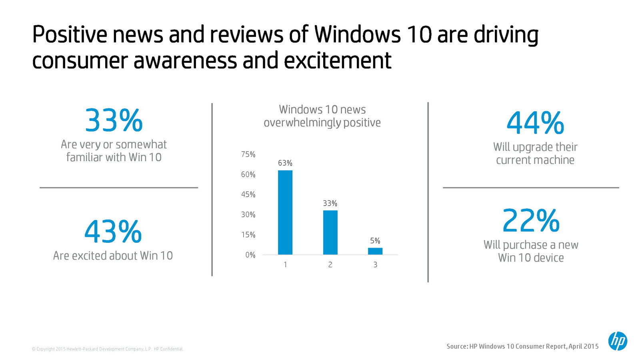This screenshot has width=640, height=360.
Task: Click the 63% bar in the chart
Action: (x=285, y=212)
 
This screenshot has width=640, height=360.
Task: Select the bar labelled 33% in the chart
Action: (x=330, y=232)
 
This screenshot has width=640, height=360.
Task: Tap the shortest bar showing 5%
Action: (x=375, y=251)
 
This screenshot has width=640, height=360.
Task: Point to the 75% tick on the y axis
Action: (x=248, y=154)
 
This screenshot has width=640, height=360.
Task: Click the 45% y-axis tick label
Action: (x=248, y=194)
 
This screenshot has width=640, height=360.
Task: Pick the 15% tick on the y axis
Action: (x=248, y=235)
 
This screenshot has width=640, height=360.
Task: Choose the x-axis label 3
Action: (x=375, y=265)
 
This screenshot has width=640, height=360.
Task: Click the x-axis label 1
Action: (x=285, y=265)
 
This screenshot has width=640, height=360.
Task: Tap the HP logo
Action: (x=618, y=341)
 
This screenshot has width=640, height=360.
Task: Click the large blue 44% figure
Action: (x=535, y=123)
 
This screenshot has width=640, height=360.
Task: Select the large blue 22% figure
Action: (x=531, y=220)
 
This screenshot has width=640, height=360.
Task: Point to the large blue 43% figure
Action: (x=113, y=232)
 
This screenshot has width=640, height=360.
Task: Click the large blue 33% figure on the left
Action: (x=114, y=120)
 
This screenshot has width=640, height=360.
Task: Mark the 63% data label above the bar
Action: (x=285, y=163)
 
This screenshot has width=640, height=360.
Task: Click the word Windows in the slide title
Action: (x=357, y=34)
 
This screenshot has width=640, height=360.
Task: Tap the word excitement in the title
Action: (x=338, y=61)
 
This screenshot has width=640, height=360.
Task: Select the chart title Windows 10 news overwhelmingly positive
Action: (x=322, y=116)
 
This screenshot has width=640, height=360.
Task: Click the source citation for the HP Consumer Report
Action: (x=522, y=346)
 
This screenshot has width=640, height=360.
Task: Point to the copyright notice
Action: (x=108, y=349)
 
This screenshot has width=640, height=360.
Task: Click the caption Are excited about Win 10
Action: (x=113, y=256)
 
